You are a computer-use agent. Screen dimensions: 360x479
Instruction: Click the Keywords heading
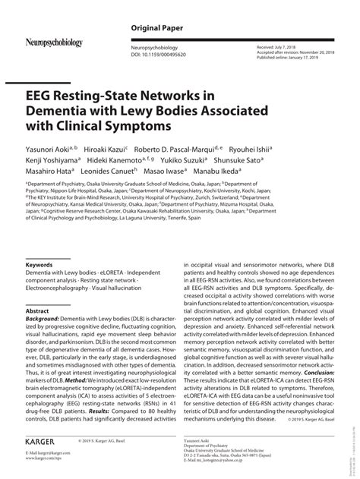[x=39, y=265]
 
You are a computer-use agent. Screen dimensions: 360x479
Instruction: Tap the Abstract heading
[x=37, y=311]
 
